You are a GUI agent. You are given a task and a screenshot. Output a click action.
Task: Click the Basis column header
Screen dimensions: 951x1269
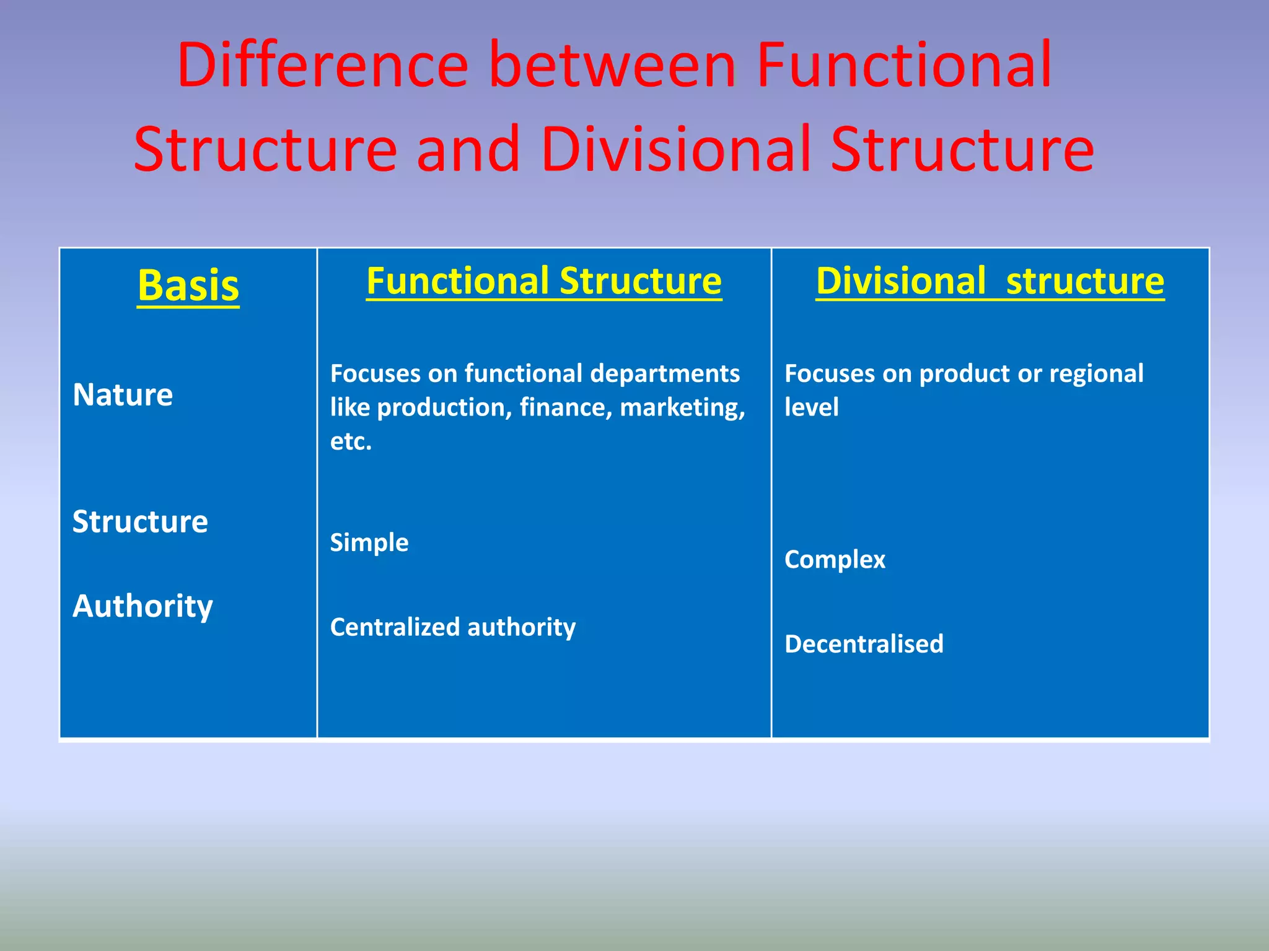[x=188, y=285]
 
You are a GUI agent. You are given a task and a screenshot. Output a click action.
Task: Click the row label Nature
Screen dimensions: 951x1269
[x=123, y=394]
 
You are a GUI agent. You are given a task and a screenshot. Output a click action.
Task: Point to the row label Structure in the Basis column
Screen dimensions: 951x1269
[x=140, y=521]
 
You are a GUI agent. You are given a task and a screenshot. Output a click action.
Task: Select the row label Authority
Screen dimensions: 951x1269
[x=143, y=606]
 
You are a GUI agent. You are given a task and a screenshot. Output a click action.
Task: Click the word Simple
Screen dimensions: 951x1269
[x=369, y=542]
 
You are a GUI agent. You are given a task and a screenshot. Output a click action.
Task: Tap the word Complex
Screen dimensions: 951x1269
[x=835, y=559]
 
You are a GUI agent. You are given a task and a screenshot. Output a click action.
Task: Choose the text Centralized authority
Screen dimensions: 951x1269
[x=452, y=627]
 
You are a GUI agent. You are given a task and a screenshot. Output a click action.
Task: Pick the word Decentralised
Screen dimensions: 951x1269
[x=864, y=644]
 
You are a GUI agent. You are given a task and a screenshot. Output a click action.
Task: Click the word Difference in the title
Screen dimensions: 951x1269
[x=322, y=65]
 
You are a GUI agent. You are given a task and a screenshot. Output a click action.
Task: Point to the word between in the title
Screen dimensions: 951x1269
[x=612, y=65]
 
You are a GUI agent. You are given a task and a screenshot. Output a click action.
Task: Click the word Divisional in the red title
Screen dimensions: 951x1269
[x=676, y=149]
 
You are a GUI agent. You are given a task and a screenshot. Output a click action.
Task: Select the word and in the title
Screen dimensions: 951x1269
[x=468, y=149]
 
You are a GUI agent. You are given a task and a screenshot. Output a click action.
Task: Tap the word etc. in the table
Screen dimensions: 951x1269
[x=351, y=441]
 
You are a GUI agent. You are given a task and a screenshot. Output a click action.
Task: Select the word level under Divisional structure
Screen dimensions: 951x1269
[x=811, y=407]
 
